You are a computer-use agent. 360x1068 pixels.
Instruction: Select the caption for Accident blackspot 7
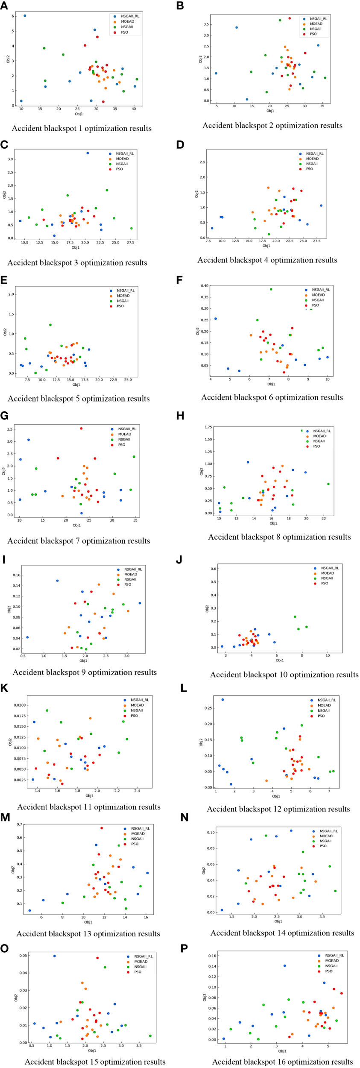pyautogui.click(x=79, y=541)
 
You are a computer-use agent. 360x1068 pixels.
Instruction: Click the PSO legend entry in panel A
pyautogui.click(x=124, y=32)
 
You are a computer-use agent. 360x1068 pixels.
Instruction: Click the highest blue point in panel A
pyautogui.click(x=25, y=16)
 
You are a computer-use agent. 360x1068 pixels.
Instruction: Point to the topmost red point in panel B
pyautogui.click(x=290, y=18)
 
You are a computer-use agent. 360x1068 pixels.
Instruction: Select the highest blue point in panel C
pyautogui.click(x=88, y=153)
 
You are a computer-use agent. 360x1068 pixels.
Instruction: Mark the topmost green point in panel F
pyautogui.click(x=271, y=289)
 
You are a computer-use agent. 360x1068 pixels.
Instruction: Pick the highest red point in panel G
pyautogui.click(x=81, y=428)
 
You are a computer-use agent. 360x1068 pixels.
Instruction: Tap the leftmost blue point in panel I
pyautogui.click(x=27, y=637)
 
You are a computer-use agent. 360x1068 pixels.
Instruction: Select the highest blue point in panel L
pyautogui.click(x=222, y=700)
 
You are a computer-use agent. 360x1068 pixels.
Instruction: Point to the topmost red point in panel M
pyautogui.click(x=102, y=828)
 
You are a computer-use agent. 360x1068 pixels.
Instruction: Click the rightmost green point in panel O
pyautogui.click(x=150, y=1036)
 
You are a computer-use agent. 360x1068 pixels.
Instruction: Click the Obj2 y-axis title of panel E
pyautogui.click(x=5, y=332)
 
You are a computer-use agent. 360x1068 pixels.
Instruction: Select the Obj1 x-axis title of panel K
pyautogui.click(x=89, y=796)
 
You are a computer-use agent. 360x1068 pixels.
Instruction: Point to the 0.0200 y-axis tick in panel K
pyautogui.click(x=20, y=705)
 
